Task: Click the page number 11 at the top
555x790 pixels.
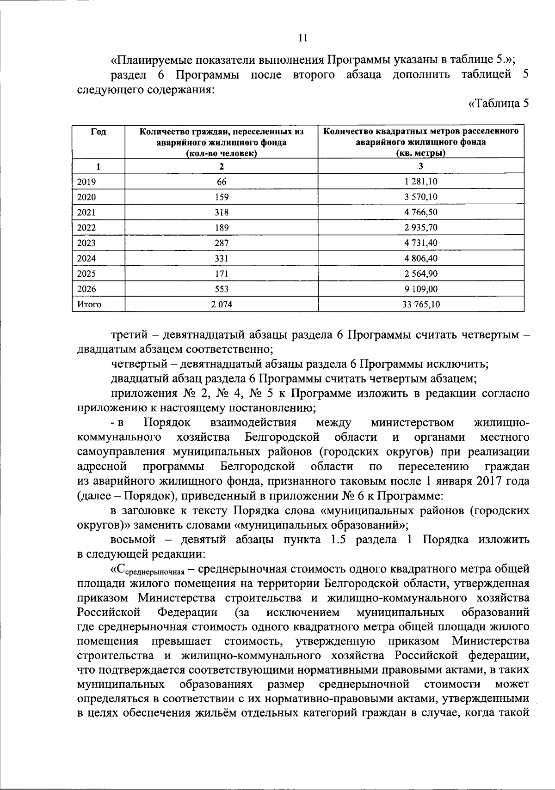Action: pyautogui.click(x=303, y=38)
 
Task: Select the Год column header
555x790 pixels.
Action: pyautogui.click(x=98, y=132)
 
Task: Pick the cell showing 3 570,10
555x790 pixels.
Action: pyautogui.click(x=420, y=197)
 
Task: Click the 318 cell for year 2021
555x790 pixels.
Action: pyautogui.click(x=222, y=213)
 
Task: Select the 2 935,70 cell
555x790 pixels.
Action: pyautogui.click(x=420, y=228)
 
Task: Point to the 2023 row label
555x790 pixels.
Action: pyautogui.click(x=86, y=243)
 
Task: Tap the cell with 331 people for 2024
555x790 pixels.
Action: pyautogui.click(x=222, y=258)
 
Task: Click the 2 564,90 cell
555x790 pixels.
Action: pyautogui.click(x=420, y=273)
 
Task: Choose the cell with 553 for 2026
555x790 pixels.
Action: pyautogui.click(x=222, y=289)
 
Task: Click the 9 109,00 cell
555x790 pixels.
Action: pyautogui.click(x=420, y=289)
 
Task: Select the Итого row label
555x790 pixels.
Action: pyautogui.click(x=89, y=304)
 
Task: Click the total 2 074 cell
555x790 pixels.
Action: pyautogui.click(x=222, y=304)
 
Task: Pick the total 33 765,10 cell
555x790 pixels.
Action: pyautogui.click(x=420, y=304)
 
